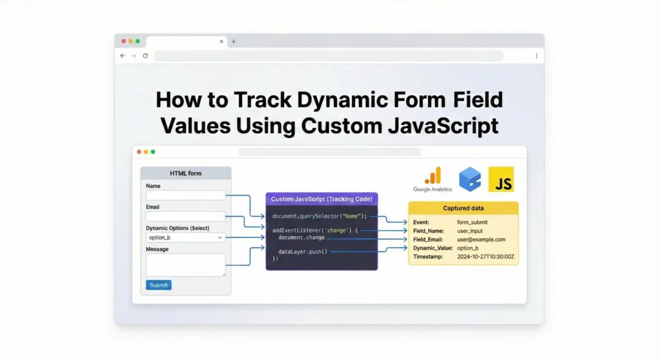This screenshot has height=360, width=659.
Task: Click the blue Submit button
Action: point(158,285)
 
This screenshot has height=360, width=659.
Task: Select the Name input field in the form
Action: point(185,195)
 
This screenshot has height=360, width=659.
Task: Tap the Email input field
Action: point(185,216)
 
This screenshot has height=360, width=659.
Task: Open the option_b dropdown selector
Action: point(185,238)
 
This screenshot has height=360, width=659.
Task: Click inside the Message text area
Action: point(185,265)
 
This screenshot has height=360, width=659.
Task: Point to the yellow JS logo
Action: point(501,180)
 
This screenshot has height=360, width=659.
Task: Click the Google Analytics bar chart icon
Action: point(433,176)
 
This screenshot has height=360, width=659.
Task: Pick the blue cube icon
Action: point(470,179)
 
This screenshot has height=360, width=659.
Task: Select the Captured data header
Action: point(463,208)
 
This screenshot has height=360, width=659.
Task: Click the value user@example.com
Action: point(481,240)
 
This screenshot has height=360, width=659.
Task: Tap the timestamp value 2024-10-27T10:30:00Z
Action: point(485,256)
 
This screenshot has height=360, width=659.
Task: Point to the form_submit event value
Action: point(472,222)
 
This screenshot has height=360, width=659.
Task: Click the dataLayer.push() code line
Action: point(302,252)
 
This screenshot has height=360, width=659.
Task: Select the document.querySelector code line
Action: point(319,216)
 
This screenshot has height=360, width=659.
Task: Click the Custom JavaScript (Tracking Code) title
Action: point(322,199)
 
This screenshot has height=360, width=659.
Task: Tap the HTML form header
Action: point(186,173)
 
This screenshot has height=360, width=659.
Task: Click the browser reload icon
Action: point(145,55)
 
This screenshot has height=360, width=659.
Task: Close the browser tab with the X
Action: point(221,41)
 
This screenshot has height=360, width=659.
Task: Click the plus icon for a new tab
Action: point(234,41)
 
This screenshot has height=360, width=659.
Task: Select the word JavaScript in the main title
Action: point(443,126)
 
